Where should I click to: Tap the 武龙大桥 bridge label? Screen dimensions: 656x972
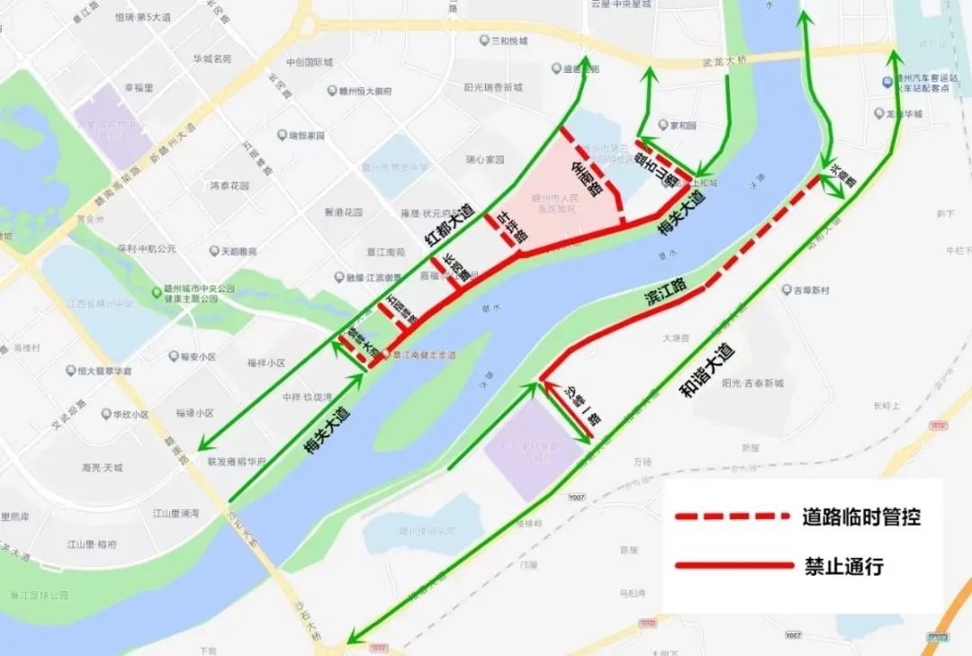(x=724, y=61)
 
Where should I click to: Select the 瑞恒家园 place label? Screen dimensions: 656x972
(x=305, y=136)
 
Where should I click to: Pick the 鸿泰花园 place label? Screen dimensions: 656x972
(x=229, y=186)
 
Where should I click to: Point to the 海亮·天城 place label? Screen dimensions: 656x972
(x=102, y=468)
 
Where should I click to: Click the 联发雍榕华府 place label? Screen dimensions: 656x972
(x=238, y=462)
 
